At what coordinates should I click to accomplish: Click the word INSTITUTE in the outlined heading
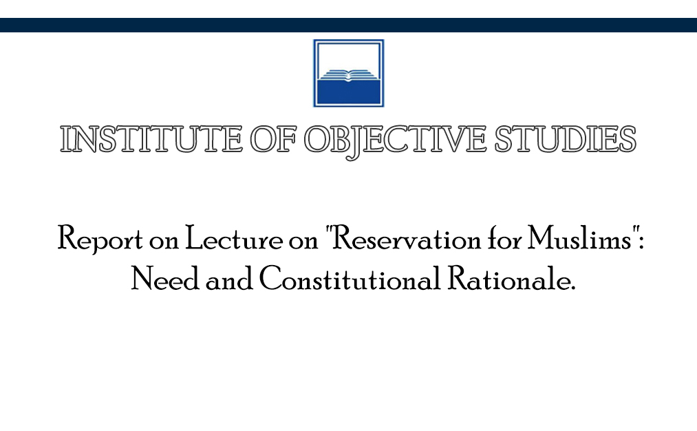click(151, 139)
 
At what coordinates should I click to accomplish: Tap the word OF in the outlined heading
click(273, 139)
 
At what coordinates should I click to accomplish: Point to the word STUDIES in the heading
click(566, 139)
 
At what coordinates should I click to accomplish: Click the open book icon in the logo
click(348, 75)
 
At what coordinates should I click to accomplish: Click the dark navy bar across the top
click(348, 25)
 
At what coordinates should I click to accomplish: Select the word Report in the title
click(100, 240)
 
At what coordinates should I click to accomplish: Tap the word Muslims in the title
click(580, 238)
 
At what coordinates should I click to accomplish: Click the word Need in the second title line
click(165, 278)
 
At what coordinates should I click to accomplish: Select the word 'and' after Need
click(229, 280)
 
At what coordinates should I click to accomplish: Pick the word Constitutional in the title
click(350, 278)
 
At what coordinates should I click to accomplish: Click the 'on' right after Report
click(164, 242)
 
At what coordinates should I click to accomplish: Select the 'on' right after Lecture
click(303, 242)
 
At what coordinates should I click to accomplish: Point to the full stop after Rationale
click(572, 288)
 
